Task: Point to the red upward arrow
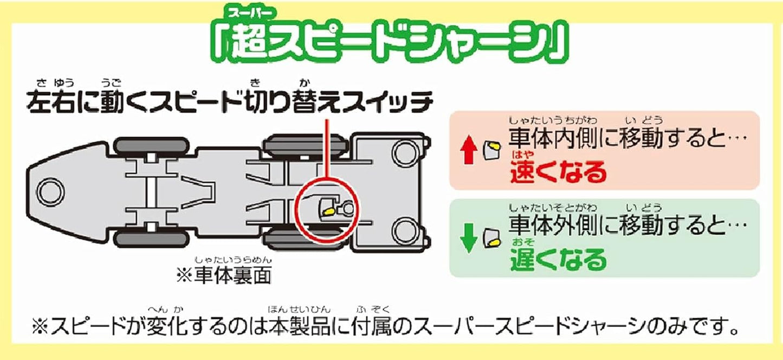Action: tap(470, 147)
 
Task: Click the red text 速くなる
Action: tap(558, 172)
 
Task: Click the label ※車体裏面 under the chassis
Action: tap(224, 275)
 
